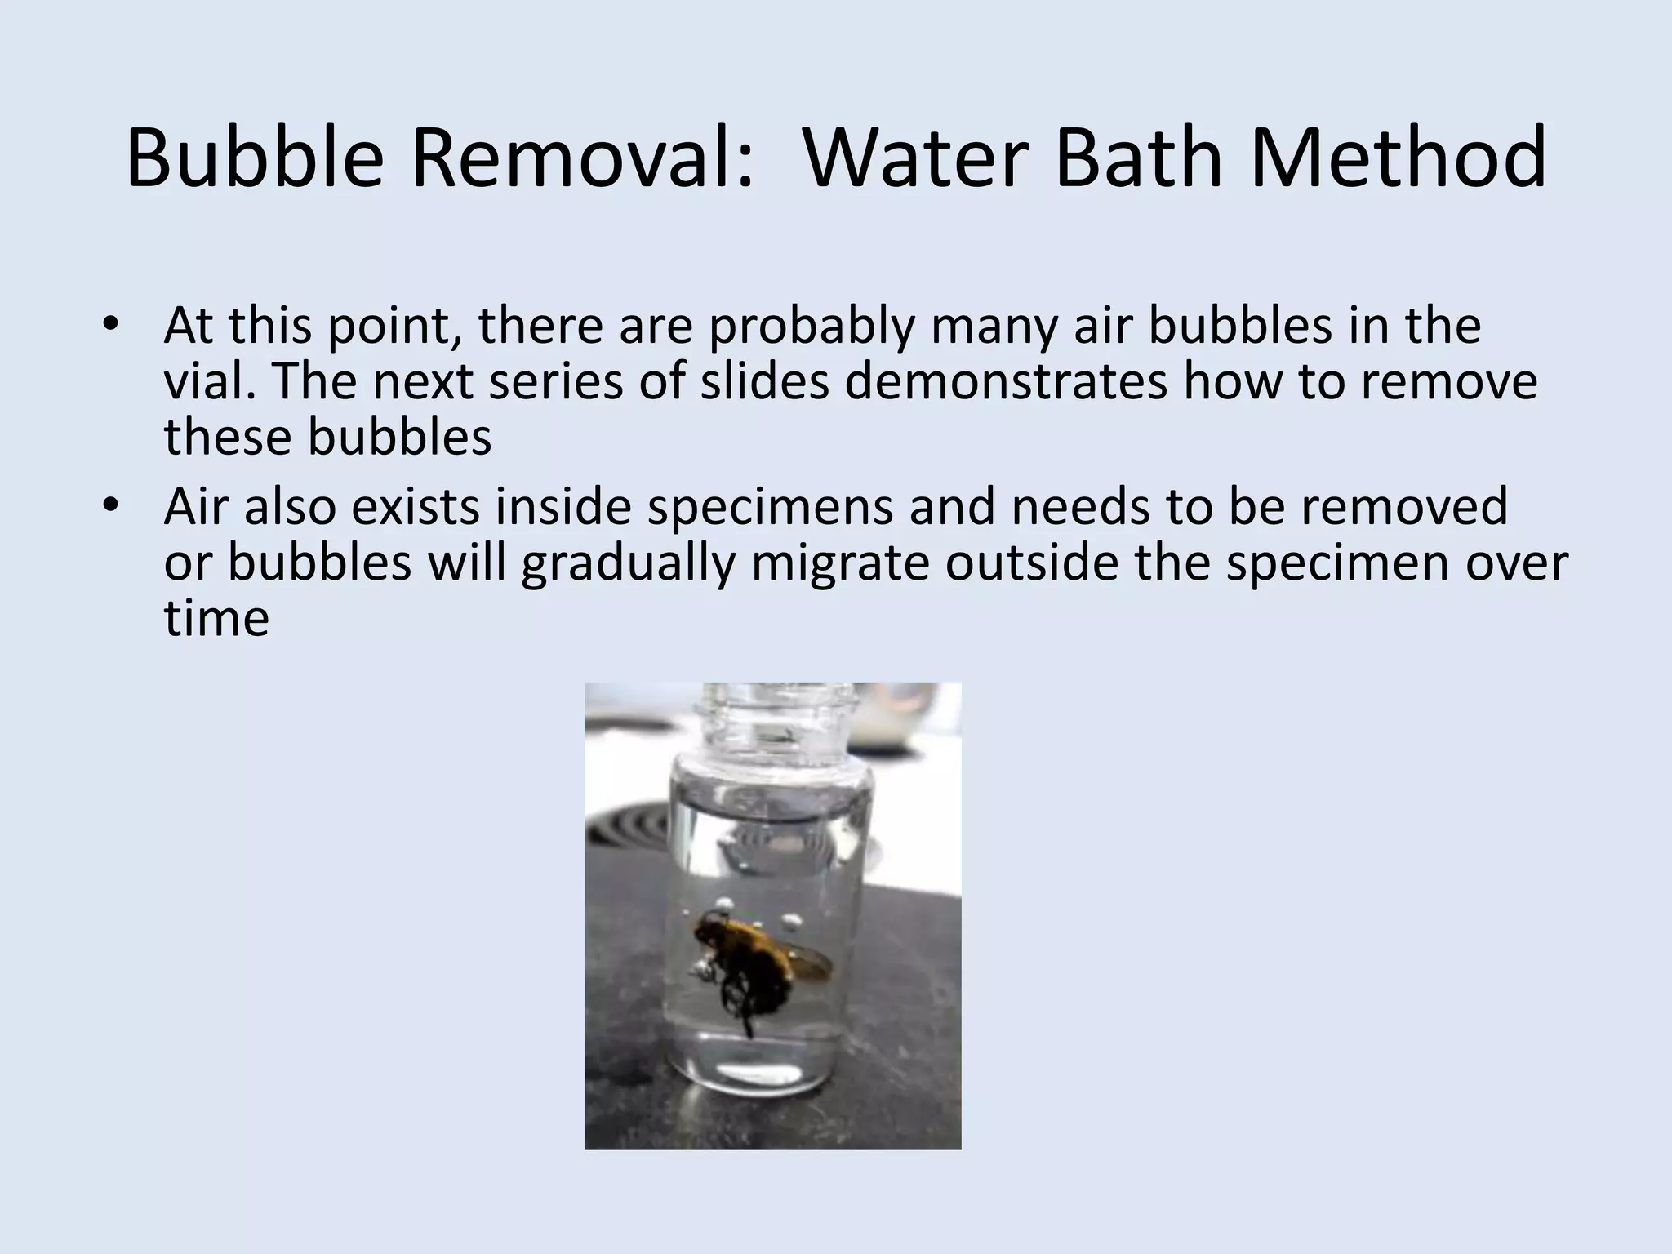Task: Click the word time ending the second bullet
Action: (x=216, y=618)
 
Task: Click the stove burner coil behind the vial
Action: (x=629, y=825)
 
